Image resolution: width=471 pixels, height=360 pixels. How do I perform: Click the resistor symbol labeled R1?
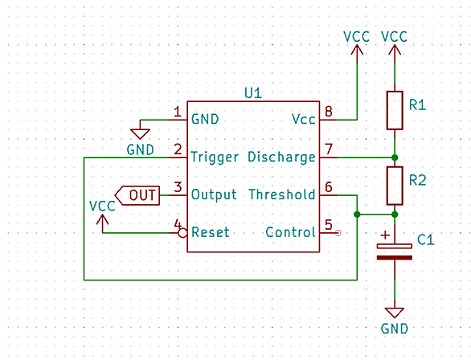point(395,111)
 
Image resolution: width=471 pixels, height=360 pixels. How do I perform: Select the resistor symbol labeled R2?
point(395,186)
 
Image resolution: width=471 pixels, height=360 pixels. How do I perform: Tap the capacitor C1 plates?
point(395,252)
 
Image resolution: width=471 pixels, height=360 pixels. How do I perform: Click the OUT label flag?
point(137,195)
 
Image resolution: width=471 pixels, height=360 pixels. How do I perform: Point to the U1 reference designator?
point(253,93)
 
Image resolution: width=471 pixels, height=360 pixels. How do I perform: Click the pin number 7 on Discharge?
point(329,149)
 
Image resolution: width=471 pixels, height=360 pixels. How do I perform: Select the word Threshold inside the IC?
point(282,194)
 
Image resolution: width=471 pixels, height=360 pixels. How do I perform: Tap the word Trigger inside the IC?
point(215,157)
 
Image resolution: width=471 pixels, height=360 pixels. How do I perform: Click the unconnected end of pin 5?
point(338,233)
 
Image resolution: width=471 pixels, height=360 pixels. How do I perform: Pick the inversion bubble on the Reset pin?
point(182,233)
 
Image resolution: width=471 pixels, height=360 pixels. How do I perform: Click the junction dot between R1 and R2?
point(395,157)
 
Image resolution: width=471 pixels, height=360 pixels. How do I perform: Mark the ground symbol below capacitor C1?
point(395,313)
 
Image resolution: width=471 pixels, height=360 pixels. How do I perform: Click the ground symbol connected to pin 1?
point(140,133)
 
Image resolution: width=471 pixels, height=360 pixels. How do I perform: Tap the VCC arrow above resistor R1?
point(395,50)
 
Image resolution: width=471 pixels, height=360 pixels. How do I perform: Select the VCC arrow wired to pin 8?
point(357,50)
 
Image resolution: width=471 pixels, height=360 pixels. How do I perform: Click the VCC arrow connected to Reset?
point(102,220)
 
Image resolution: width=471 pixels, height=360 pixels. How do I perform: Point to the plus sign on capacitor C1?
point(385,235)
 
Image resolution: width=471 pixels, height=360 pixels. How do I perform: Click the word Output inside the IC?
point(214,194)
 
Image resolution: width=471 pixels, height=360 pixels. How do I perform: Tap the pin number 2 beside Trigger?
point(178,149)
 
